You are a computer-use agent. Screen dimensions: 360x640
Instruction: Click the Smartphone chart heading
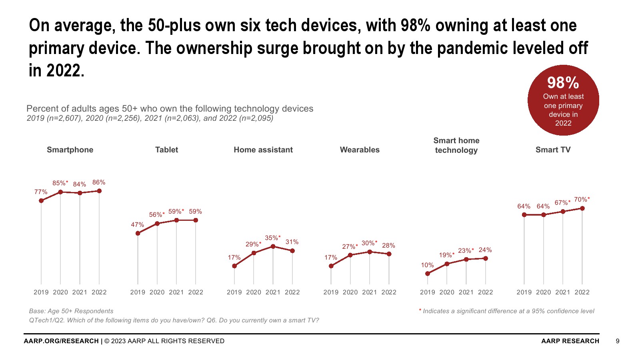pos(70,150)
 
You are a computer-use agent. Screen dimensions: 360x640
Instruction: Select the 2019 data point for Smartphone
pos(41,200)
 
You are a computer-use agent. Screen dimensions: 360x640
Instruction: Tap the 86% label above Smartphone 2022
pos(99,182)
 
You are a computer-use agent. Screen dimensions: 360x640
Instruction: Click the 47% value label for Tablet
pos(138,225)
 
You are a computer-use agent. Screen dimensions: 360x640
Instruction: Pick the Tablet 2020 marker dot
pos(157,224)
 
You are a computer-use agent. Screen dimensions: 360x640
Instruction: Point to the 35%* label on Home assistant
pos(273,238)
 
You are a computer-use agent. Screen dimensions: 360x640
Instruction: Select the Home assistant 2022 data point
pos(292,251)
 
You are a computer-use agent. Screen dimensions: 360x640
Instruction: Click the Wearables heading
pos(360,150)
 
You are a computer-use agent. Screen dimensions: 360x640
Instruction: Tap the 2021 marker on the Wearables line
pos(370,252)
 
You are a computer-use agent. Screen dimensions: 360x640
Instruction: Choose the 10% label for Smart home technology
pos(427,265)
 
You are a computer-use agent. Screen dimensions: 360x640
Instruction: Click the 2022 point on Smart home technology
pos(486,258)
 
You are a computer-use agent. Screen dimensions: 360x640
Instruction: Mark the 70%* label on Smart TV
pos(582,200)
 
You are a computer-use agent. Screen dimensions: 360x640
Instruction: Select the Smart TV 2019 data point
pos(524,215)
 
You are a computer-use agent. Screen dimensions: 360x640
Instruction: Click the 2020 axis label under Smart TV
pos(543,292)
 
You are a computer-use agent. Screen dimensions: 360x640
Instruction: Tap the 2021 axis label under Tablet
pos(176,292)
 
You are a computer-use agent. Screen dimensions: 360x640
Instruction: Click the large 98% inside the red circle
pos(563,83)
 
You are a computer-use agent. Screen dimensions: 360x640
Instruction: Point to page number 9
pos(618,341)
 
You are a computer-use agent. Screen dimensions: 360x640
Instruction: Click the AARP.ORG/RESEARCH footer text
pos(61,341)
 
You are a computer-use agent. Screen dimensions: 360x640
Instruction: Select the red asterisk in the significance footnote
pos(420,310)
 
